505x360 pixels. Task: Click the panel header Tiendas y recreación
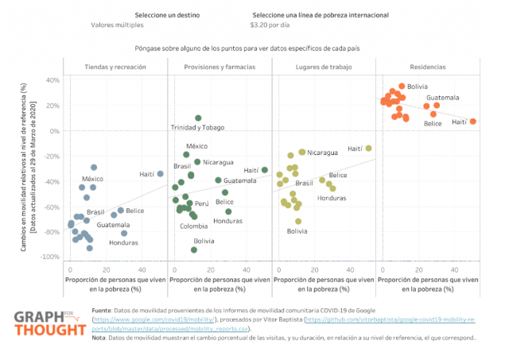click(115, 68)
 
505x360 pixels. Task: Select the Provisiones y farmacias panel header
click(219, 68)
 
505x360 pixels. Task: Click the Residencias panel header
click(428, 68)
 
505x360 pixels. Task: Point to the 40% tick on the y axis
click(54, 80)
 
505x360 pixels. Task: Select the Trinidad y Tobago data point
click(198, 118)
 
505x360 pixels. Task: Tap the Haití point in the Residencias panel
click(472, 122)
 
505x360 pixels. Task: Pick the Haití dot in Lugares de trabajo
click(368, 149)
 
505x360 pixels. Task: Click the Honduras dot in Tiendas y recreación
click(124, 233)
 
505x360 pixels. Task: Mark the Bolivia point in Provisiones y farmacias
click(194, 250)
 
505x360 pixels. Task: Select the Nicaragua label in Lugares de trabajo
click(323, 152)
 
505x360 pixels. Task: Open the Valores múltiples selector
click(113, 26)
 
